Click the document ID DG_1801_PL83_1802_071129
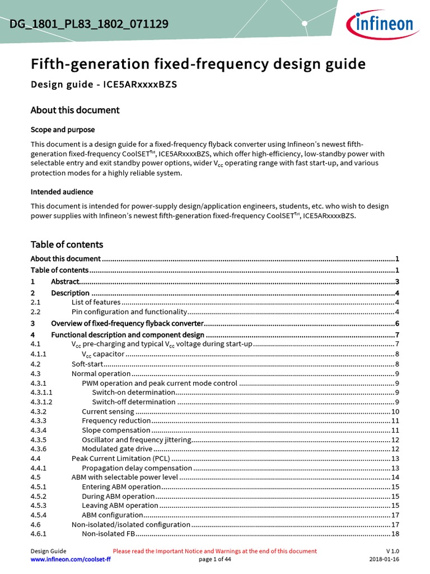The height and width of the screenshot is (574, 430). pos(89,24)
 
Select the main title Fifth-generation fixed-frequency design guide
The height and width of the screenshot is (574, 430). pos(198,64)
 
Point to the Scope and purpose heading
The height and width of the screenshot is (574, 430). pos(62,129)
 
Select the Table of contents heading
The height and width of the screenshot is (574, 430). pos(67,244)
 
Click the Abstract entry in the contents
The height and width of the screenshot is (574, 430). pos(66,281)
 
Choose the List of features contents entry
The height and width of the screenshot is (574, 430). pos(96,302)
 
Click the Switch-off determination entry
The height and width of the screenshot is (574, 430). pos(133,401)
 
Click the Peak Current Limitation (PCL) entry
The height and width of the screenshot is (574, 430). pos(120,459)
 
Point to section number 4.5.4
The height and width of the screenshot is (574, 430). pos(39,515)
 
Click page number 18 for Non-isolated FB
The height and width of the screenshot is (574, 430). pos(395,534)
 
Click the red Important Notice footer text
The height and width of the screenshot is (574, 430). pos(214,551)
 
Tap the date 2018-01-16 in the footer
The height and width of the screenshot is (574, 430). pos(384,559)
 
